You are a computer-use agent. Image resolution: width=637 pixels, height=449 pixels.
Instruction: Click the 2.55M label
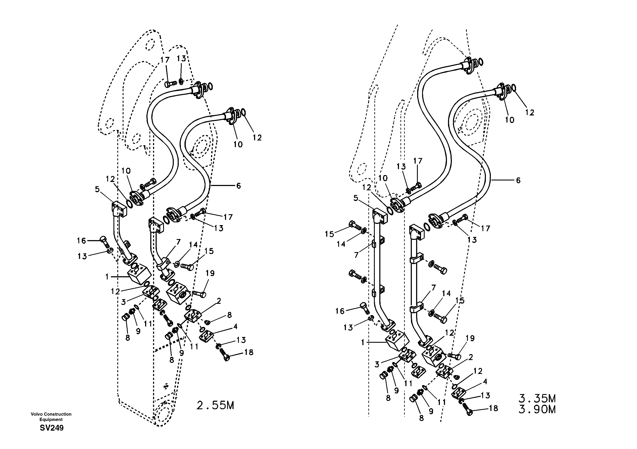[x=215, y=405]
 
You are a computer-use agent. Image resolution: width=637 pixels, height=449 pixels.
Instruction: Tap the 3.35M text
[x=537, y=399]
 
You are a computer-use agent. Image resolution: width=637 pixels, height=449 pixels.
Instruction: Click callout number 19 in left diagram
[x=210, y=273]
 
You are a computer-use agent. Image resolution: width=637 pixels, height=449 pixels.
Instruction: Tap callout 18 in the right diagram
[x=493, y=408]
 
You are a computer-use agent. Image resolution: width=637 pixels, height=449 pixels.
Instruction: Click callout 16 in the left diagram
[x=81, y=241]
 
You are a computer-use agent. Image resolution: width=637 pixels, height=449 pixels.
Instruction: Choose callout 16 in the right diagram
[x=340, y=311]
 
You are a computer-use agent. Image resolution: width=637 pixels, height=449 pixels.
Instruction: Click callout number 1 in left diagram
[x=107, y=277]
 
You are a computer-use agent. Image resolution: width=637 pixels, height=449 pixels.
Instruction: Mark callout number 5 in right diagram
[x=356, y=198]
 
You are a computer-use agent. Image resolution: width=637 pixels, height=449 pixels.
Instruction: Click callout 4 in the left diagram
[x=235, y=326]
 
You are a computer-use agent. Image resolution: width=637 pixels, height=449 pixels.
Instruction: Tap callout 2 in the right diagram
[x=470, y=357]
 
